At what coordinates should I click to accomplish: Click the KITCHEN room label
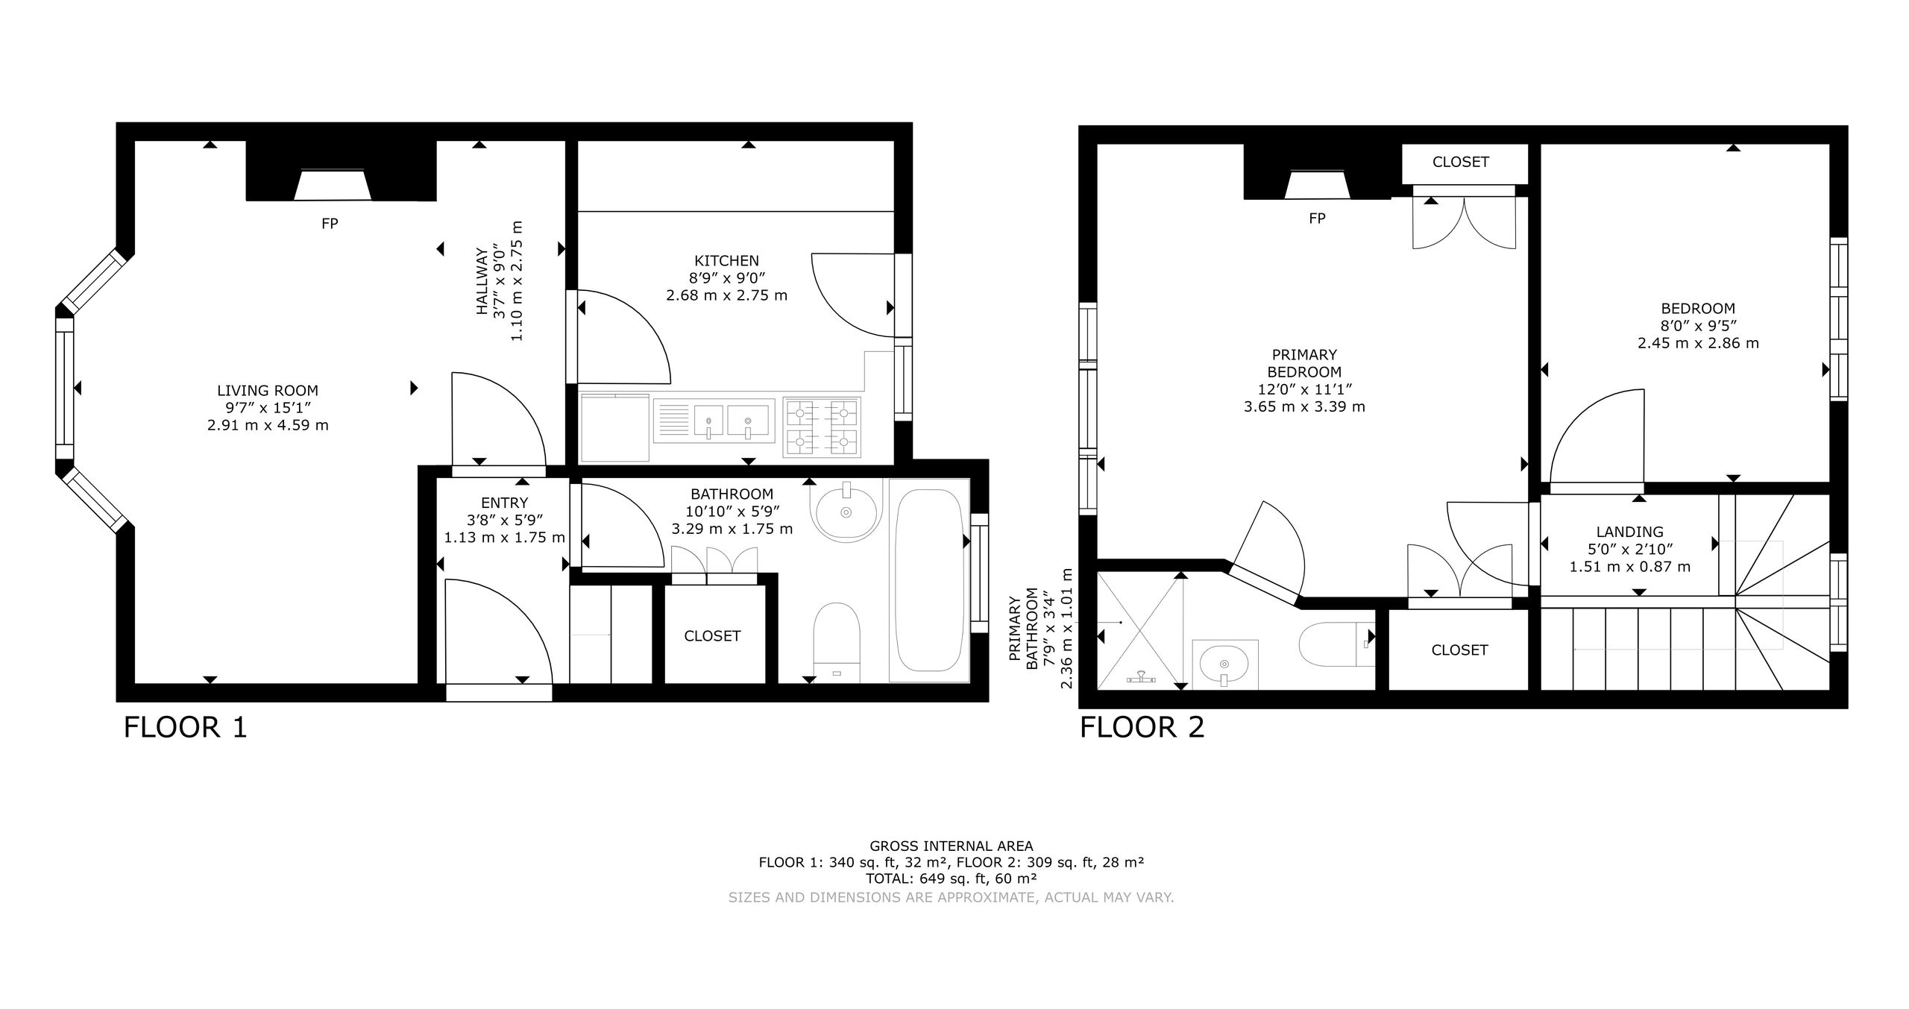tap(726, 261)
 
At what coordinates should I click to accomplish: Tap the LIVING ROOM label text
tap(268, 391)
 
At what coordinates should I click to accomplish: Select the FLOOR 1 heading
tap(185, 727)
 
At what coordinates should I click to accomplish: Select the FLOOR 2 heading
tap(1142, 727)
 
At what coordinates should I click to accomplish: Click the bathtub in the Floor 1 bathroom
tap(928, 581)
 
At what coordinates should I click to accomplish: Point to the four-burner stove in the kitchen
tap(822, 427)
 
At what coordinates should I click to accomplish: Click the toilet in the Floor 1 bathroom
tap(837, 643)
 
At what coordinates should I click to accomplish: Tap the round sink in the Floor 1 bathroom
tap(846, 510)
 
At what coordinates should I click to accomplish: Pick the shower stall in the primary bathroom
tap(1140, 631)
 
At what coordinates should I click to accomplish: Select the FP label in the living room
tap(330, 224)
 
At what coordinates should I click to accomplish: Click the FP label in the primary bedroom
tap(1317, 219)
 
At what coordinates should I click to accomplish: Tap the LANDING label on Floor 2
tap(1629, 532)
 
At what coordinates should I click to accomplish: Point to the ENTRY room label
tap(505, 503)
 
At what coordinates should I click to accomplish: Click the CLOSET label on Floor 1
tap(712, 636)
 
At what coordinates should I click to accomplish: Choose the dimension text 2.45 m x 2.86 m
tap(1698, 343)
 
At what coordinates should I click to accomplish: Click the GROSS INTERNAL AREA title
tap(952, 846)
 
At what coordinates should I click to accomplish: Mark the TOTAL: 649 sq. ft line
tap(952, 878)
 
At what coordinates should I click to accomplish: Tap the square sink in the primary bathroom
tap(1225, 664)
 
